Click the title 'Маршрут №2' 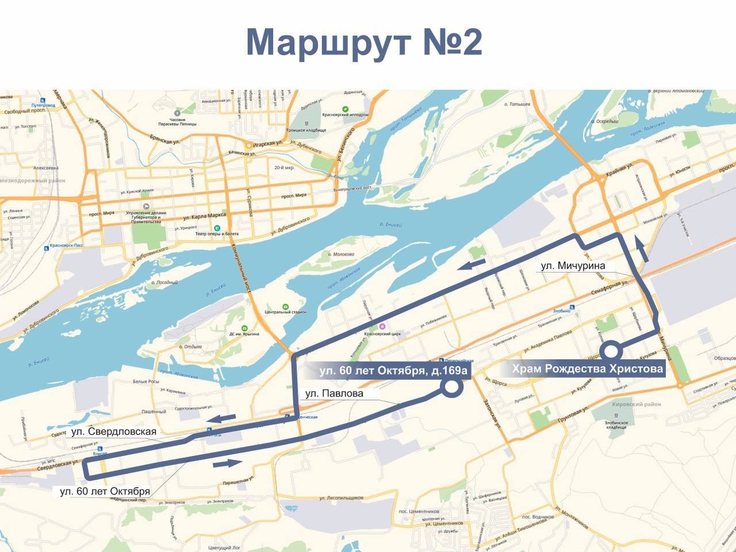pyautogui.click(x=363, y=43)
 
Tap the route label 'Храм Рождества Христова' pyautogui.click(x=588, y=369)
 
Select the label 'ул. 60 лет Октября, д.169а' pyautogui.click(x=394, y=371)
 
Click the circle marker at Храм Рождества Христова pyautogui.click(x=610, y=350)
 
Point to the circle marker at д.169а pyautogui.click(x=452, y=388)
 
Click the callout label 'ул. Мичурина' pyautogui.click(x=573, y=266)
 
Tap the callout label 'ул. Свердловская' pyautogui.click(x=114, y=431)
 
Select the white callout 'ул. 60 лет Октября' pyautogui.click(x=105, y=491)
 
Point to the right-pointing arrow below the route pyautogui.click(x=228, y=463)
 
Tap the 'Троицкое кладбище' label pyautogui.click(x=308, y=131)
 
